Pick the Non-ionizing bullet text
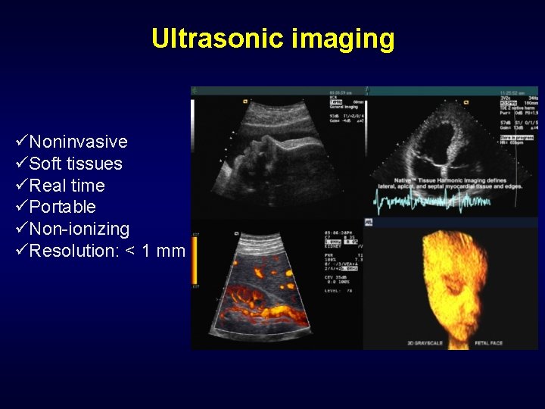point(79,229)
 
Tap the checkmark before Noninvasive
point(21,142)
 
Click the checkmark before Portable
point(21,207)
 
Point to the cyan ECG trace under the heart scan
point(431,201)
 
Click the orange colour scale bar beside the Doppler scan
point(195,261)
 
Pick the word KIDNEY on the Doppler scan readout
point(333,248)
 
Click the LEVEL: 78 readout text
point(335,289)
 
